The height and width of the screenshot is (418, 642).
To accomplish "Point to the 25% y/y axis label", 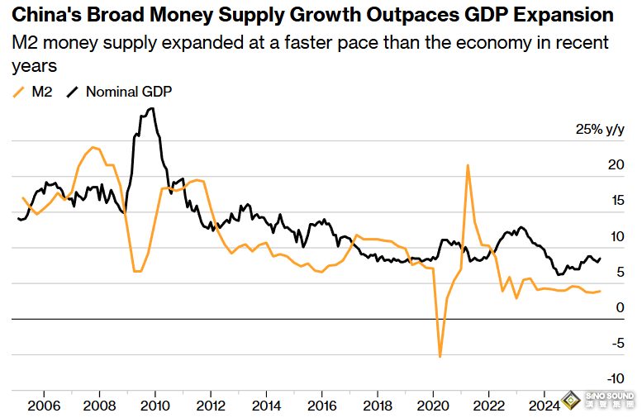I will [600, 130].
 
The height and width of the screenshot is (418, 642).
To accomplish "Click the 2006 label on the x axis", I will [44, 406].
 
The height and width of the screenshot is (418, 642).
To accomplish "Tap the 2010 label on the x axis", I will [155, 406].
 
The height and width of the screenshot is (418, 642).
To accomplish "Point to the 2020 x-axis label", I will [433, 406].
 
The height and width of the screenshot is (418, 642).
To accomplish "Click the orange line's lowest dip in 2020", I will [440, 356].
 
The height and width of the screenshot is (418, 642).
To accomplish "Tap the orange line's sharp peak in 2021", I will [468, 165].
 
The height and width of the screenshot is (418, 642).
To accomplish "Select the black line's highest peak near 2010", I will [150, 108].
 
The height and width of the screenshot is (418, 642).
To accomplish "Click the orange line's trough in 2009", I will [137, 271].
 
